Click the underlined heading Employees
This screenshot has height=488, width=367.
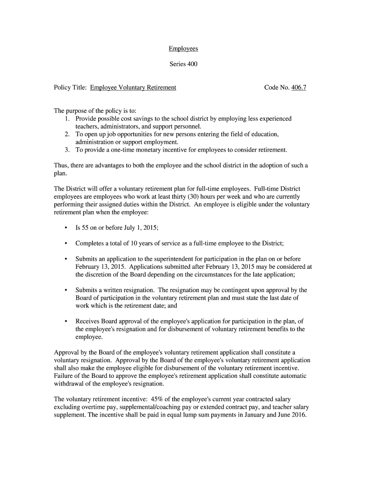(183, 49)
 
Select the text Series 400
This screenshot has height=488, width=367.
(183, 64)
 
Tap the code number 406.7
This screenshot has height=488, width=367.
(298, 88)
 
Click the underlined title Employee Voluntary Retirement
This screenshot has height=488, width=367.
(133, 88)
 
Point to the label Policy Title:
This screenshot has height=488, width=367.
(70, 88)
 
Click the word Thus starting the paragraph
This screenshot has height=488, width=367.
(61, 165)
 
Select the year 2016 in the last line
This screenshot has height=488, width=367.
(298, 414)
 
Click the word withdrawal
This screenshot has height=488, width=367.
(69, 384)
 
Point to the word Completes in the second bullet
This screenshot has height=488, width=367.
(90, 244)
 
